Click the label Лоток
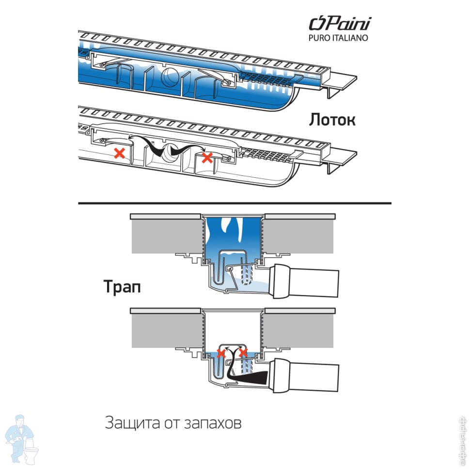(332, 120)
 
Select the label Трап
(122, 287)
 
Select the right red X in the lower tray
(207, 157)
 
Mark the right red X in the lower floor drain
(243, 353)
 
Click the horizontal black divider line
(235, 203)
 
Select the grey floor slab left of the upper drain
(165, 236)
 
